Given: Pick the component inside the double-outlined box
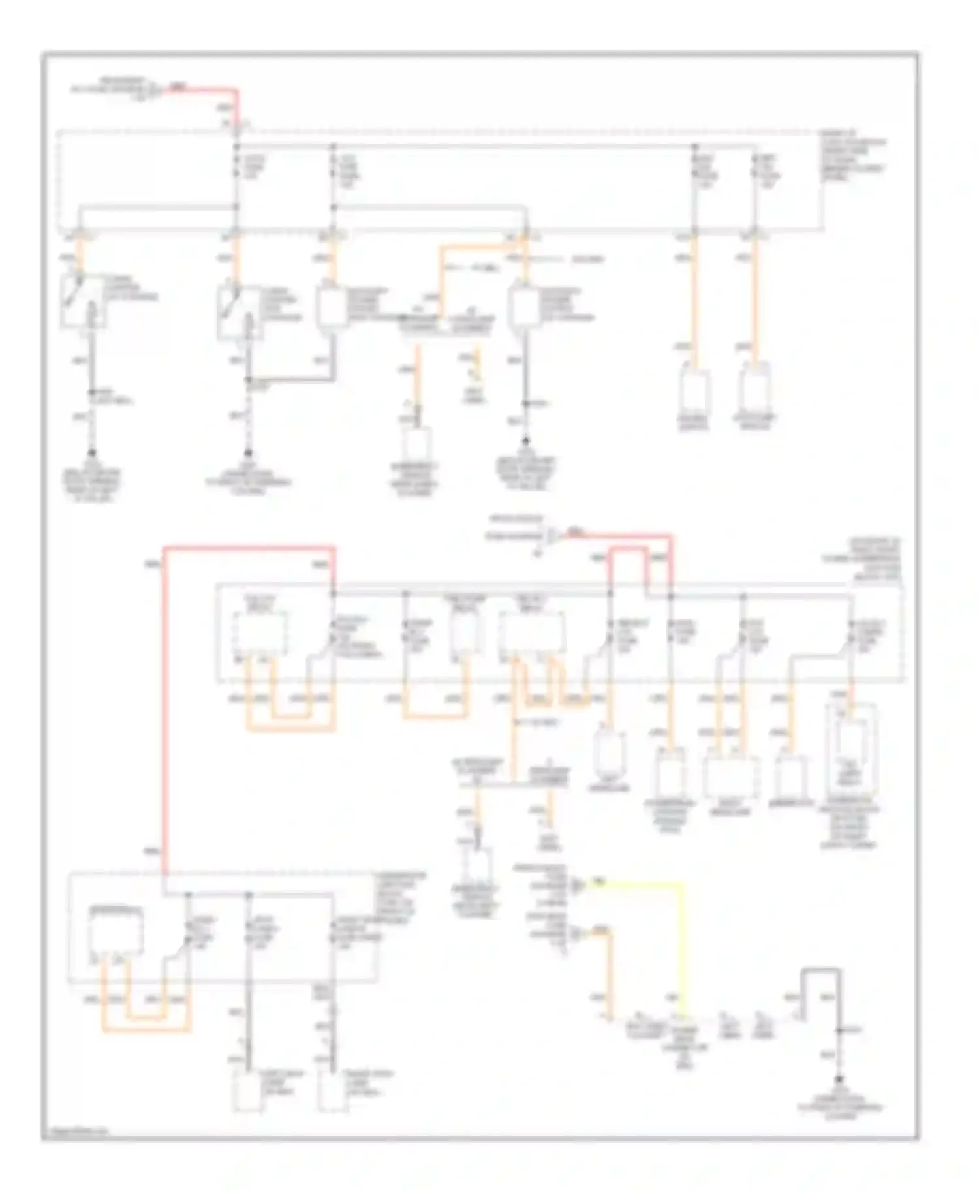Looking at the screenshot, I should tap(850, 751).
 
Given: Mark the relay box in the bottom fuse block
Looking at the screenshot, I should tap(116, 933).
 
